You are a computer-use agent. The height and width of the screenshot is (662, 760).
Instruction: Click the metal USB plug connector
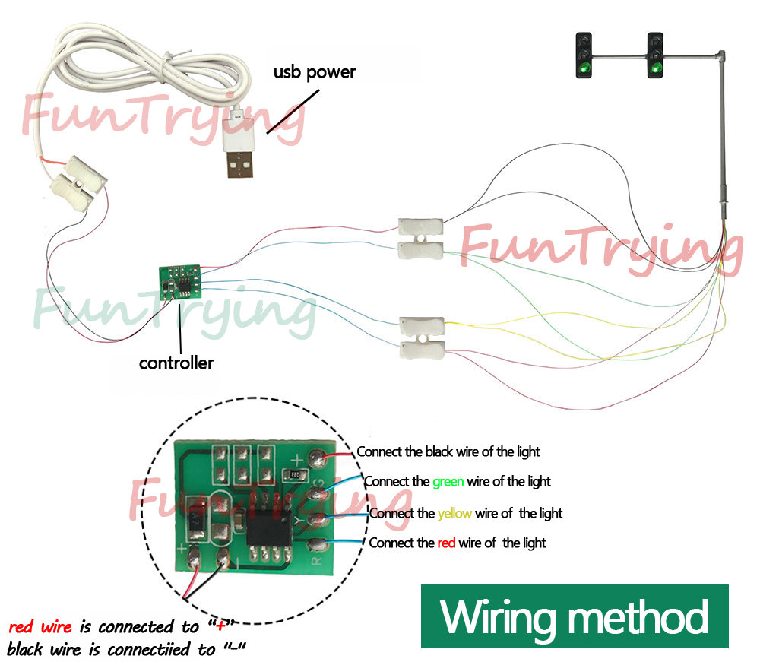[x=240, y=164]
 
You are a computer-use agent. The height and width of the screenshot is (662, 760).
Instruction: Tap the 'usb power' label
[x=314, y=72]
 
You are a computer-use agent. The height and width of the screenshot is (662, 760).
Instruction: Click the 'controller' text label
[x=176, y=363]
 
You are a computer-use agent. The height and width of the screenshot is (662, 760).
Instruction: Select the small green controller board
[x=180, y=281]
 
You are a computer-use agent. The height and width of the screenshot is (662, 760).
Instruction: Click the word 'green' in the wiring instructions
[x=448, y=481]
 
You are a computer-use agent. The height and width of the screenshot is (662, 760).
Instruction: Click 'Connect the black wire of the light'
[x=448, y=451]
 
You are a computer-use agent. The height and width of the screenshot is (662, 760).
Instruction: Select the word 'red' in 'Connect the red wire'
[x=447, y=543]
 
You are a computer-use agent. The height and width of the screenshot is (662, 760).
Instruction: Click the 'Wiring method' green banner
[x=575, y=616]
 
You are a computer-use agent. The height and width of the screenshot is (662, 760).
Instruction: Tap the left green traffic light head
[x=584, y=55]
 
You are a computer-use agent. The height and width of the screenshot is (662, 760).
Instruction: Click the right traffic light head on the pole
[x=654, y=55]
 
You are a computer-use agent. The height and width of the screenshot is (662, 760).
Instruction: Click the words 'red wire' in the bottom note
[x=40, y=627]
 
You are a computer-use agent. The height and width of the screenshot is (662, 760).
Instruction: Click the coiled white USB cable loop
[x=152, y=68]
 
